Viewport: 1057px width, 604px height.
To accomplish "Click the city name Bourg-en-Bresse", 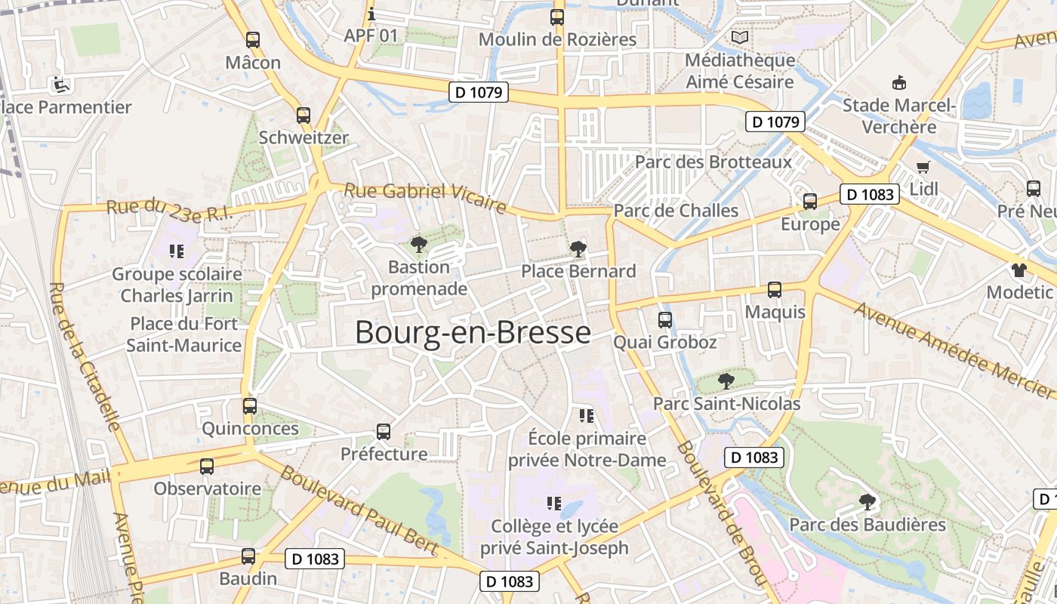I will [x=473, y=332].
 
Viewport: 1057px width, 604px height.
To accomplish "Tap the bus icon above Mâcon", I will [x=253, y=40].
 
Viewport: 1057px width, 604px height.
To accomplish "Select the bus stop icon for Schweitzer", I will [x=304, y=116].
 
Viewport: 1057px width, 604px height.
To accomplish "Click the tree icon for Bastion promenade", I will [x=418, y=244].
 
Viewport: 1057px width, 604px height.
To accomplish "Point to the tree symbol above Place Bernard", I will [x=578, y=248].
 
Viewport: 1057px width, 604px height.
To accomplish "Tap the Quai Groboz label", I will [x=664, y=342].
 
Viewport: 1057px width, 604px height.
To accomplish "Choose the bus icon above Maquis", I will [x=775, y=289].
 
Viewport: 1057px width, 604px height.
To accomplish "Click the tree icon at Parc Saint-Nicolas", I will [x=726, y=381].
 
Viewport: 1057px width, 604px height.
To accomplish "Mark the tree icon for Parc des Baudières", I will [x=867, y=501].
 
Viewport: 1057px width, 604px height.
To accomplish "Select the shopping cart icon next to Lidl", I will [x=923, y=167].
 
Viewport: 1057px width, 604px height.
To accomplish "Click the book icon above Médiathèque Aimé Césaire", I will [x=740, y=37].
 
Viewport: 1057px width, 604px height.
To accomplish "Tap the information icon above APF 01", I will [x=371, y=14].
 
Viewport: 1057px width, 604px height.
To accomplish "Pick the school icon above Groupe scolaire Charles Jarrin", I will [x=177, y=251].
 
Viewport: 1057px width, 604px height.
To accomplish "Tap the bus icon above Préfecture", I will [x=384, y=432].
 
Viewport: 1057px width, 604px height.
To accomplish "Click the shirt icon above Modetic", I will [x=1019, y=270].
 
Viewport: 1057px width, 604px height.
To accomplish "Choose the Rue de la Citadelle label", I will [x=85, y=356].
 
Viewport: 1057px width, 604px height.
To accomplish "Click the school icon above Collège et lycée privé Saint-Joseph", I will [x=554, y=503].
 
